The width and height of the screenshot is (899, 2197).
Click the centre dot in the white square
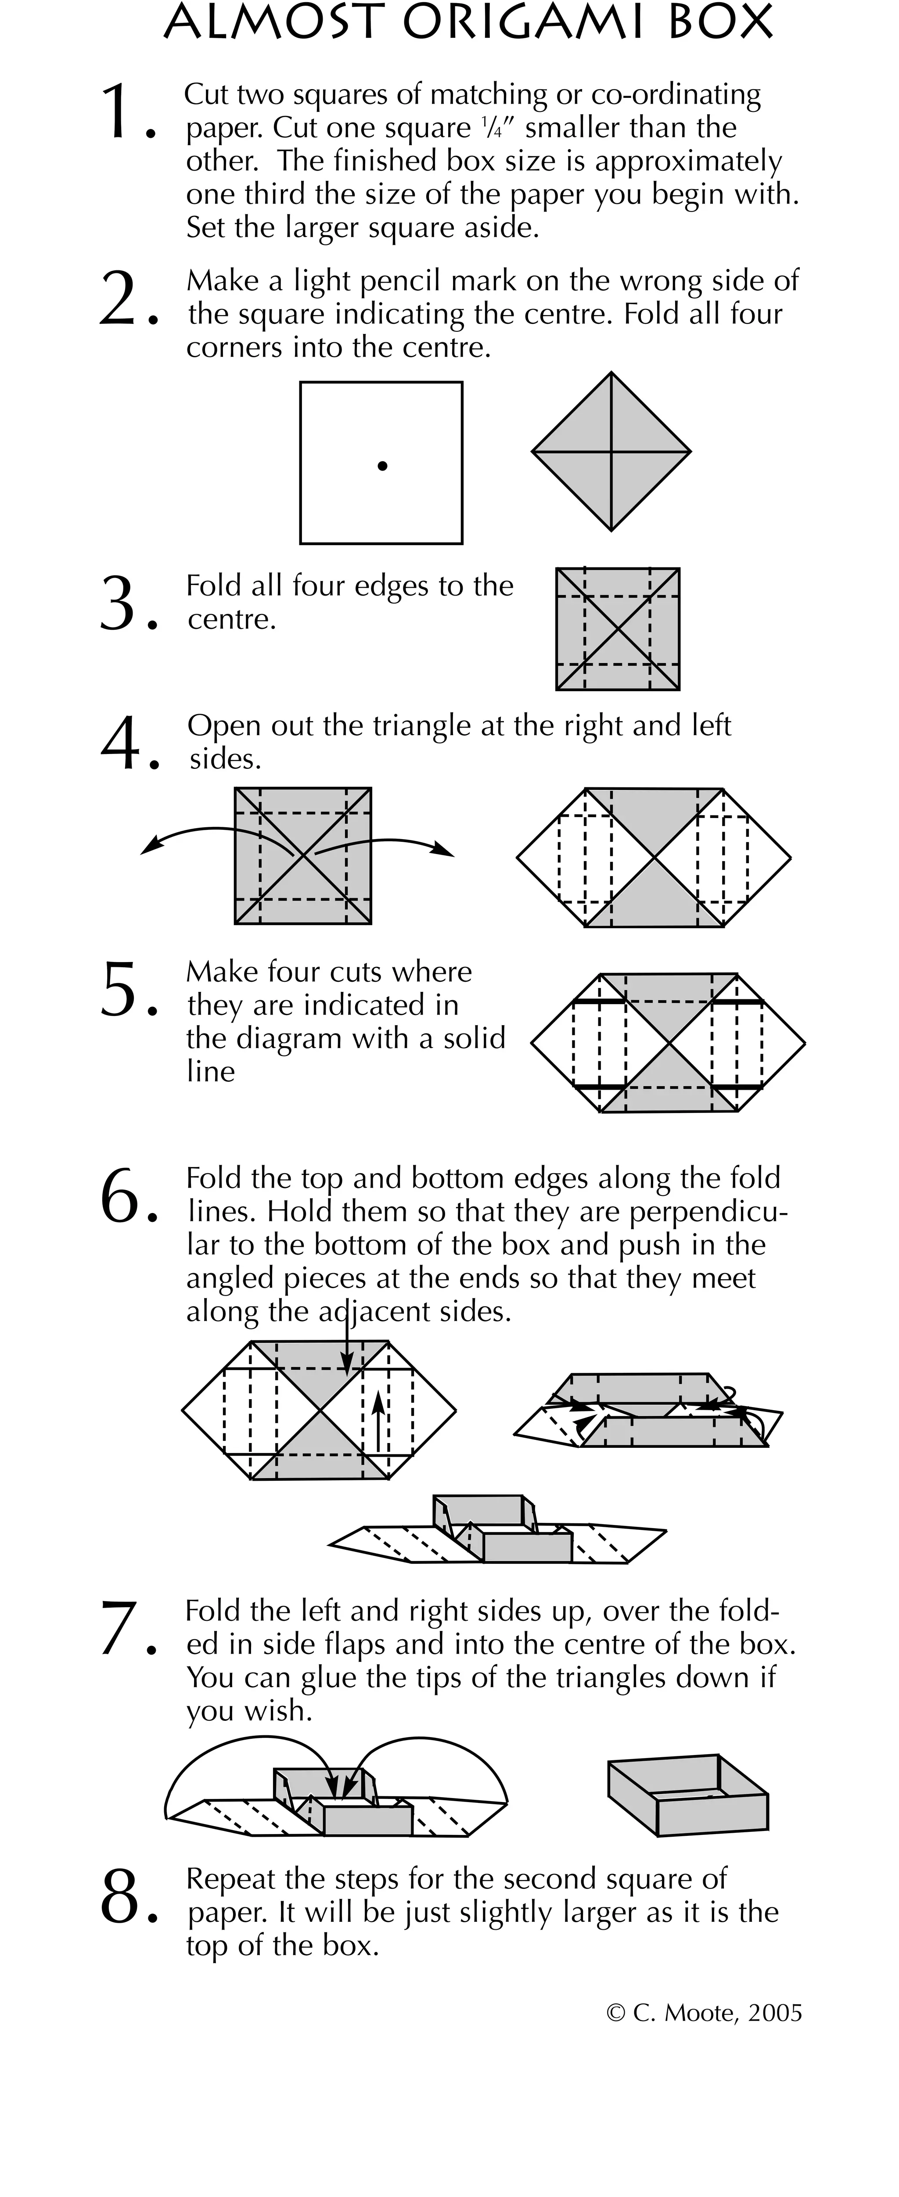pos(382,465)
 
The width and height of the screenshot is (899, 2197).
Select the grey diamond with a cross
pos(611,451)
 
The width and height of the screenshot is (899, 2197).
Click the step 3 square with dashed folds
pos(618,628)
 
